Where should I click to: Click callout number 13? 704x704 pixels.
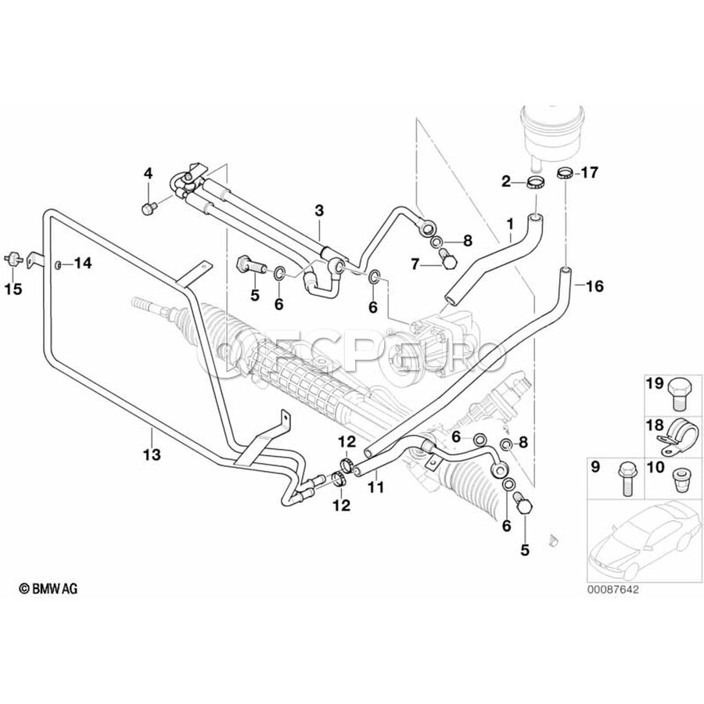coord(151,454)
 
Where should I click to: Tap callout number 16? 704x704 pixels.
coord(594,286)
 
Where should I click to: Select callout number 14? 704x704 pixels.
coord(82,264)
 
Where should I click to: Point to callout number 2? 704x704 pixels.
coord(506,181)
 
